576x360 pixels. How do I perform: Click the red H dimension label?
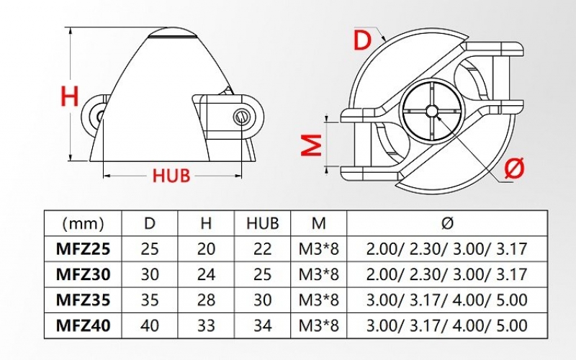point(70,95)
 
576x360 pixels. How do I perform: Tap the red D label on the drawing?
point(364,40)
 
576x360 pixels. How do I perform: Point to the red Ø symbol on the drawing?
point(513,168)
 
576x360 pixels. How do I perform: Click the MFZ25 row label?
point(84,249)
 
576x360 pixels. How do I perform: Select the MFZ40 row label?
point(84,325)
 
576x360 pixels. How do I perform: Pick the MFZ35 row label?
point(84,300)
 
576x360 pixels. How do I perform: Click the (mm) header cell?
point(84,223)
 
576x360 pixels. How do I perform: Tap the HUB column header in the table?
point(262,223)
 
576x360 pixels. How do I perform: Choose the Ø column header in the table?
point(446,223)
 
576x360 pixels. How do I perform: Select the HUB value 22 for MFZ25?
point(262,249)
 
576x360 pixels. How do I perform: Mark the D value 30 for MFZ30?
point(149,274)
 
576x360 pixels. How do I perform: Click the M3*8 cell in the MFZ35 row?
point(319,300)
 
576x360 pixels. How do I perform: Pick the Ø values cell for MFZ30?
point(446,274)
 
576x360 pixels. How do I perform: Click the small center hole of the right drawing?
point(431,111)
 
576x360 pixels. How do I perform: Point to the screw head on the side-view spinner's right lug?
point(242,114)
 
